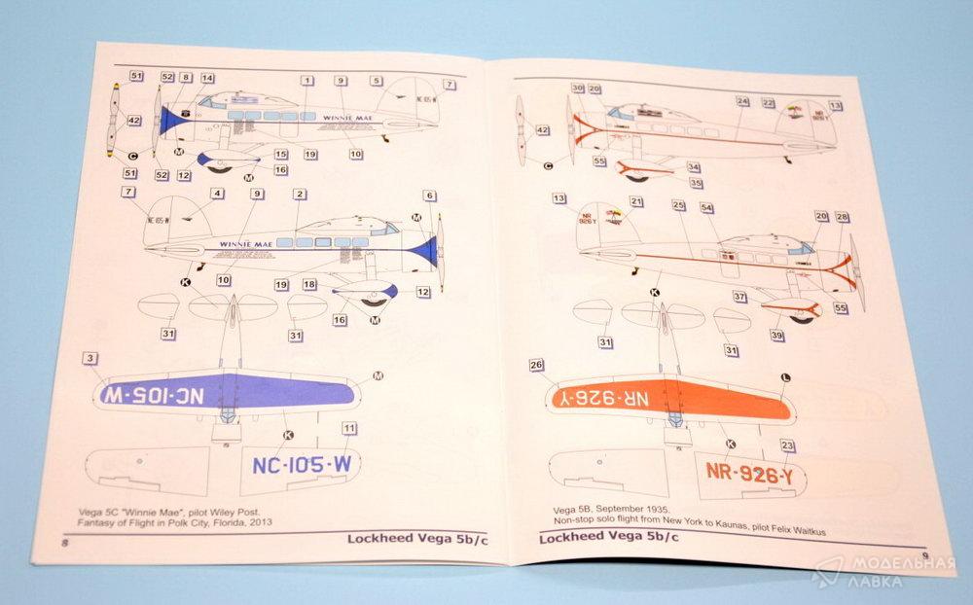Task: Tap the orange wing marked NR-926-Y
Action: click(x=670, y=398)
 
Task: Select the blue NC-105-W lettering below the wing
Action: click(x=301, y=465)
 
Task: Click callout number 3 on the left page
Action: click(x=90, y=360)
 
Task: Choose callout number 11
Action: click(x=349, y=428)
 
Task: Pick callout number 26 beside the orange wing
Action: click(x=536, y=366)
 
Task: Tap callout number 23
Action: click(x=787, y=446)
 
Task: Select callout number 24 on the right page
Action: click(x=742, y=101)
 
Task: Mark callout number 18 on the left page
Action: click(x=309, y=284)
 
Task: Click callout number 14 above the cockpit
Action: click(x=207, y=78)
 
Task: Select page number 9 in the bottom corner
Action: click(x=924, y=556)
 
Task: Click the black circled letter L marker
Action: click(x=785, y=376)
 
